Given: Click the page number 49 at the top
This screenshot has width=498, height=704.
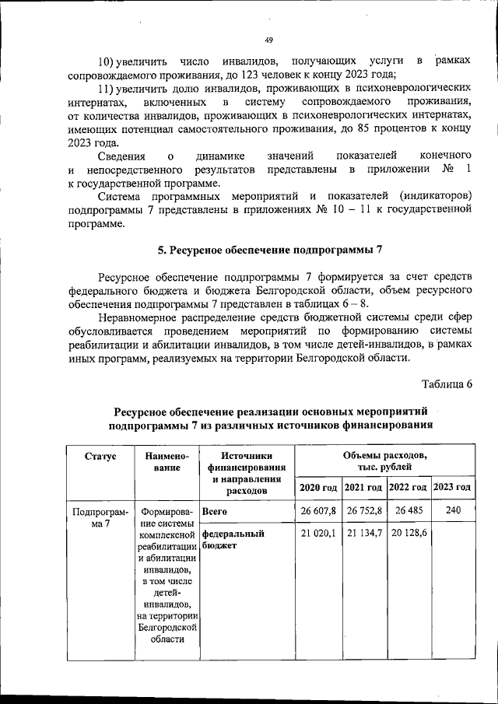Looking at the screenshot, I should pos(268,40).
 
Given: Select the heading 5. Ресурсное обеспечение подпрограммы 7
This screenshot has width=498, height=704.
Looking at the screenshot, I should pos(270,250).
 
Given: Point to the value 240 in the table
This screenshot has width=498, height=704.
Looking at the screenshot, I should pos(453,511).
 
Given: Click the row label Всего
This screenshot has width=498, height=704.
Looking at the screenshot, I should pos(214,512).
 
